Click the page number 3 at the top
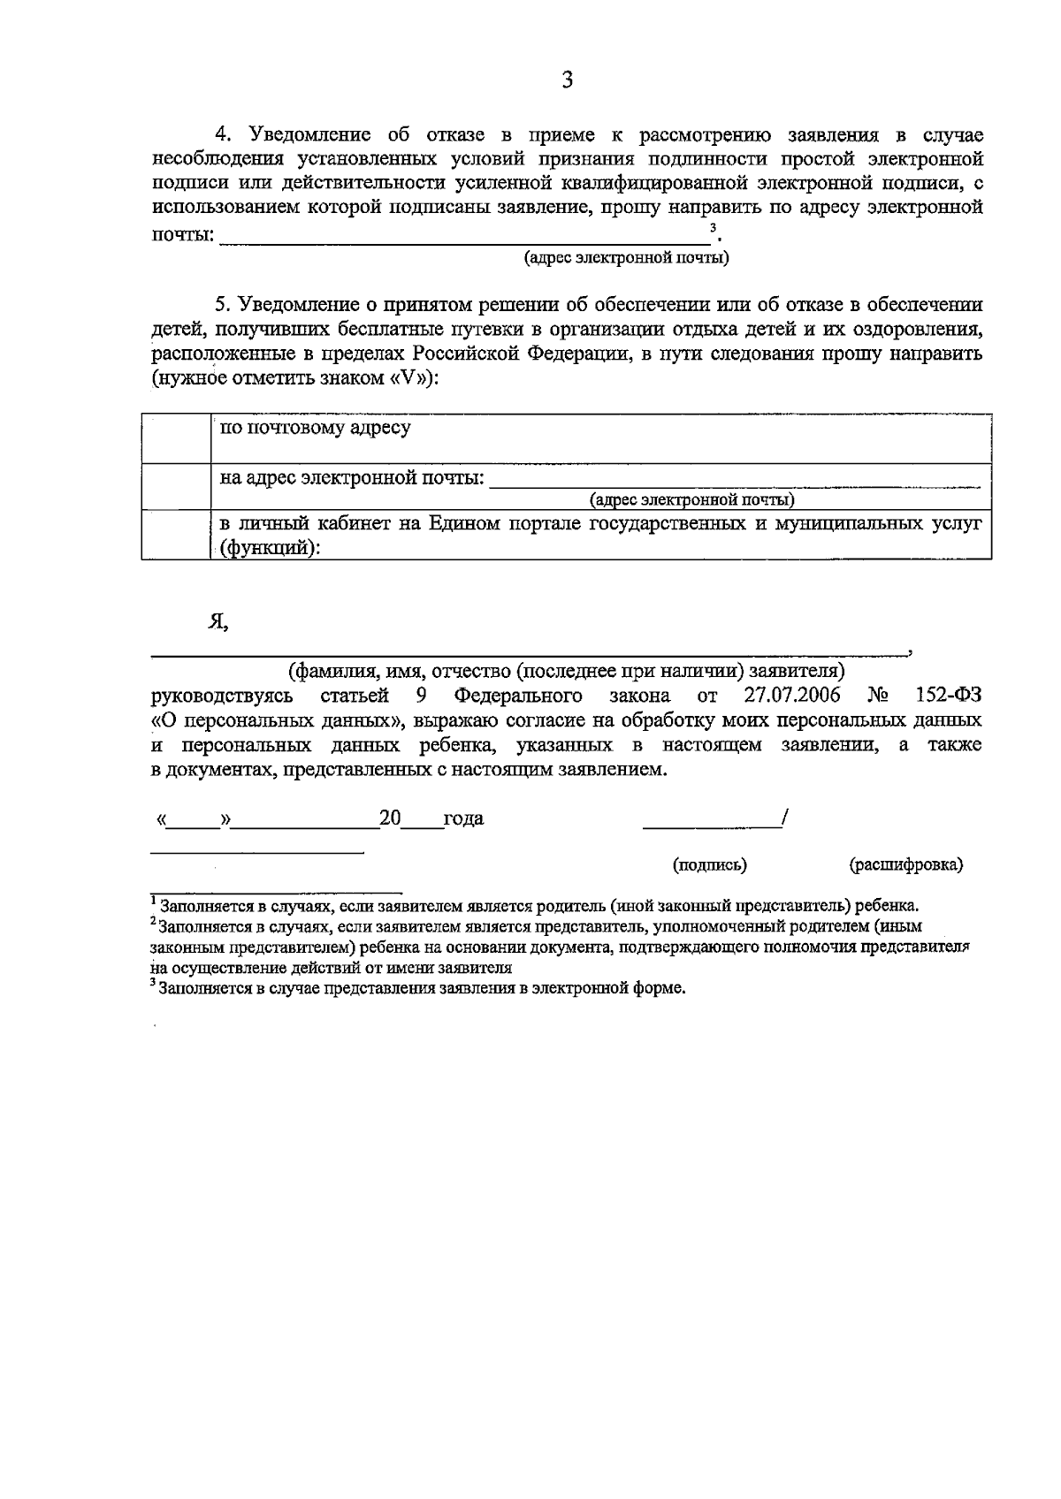click(x=567, y=81)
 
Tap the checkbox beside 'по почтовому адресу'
click(x=176, y=438)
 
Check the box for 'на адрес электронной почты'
click(x=176, y=486)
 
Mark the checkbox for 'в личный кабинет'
click(x=176, y=534)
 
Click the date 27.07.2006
click(x=792, y=695)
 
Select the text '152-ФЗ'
click(x=948, y=695)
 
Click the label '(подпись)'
click(x=709, y=864)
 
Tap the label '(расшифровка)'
click(x=905, y=864)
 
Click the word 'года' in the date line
click(x=463, y=818)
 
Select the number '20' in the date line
click(x=390, y=818)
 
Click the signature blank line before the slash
click(x=711, y=826)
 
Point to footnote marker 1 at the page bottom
click(x=154, y=901)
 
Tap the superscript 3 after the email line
click(x=713, y=228)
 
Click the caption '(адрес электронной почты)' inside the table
click(x=692, y=500)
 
